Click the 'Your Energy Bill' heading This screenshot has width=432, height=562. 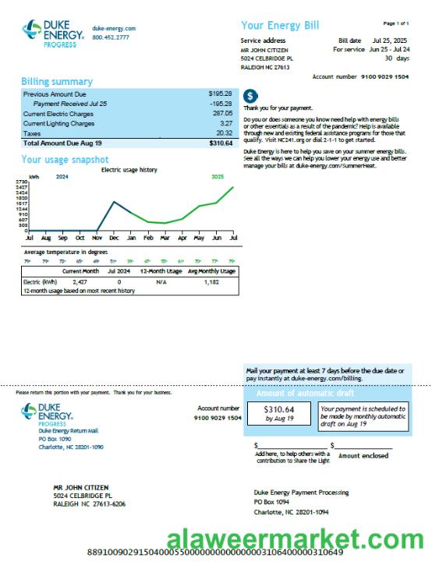[280, 26]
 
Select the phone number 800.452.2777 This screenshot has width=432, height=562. [111, 37]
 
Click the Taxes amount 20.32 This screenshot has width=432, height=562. [224, 133]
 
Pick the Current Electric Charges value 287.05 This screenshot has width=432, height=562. [222, 113]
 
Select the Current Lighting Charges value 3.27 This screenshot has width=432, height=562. [226, 123]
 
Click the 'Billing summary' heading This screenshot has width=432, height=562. [56, 82]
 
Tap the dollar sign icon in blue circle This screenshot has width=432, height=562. [250, 96]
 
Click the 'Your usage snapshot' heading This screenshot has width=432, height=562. [65, 160]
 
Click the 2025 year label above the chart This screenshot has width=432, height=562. [218, 177]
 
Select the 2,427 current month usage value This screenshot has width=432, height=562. [80, 281]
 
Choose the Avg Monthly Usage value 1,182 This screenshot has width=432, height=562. [211, 281]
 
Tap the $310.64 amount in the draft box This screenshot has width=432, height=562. [279, 409]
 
